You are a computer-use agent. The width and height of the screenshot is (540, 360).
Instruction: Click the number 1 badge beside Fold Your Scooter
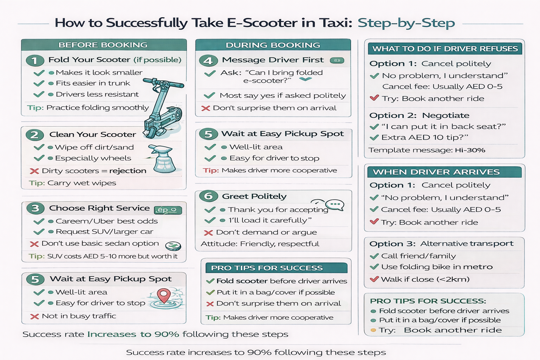click(x=35, y=60)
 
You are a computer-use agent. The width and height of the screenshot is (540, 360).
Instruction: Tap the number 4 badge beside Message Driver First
click(x=208, y=60)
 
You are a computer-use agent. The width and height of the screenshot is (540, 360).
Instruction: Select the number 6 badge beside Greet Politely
click(x=208, y=196)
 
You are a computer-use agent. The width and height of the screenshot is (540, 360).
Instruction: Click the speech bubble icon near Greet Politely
click(x=334, y=205)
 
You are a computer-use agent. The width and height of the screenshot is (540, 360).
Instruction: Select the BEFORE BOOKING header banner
click(x=103, y=45)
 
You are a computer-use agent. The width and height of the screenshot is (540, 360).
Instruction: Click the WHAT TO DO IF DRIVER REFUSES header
click(x=445, y=49)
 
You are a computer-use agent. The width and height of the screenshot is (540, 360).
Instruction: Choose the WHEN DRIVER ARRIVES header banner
click(x=436, y=172)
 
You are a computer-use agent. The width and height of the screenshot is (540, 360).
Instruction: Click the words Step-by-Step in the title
click(x=406, y=23)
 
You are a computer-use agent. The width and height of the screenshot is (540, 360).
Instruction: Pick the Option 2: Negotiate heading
click(x=419, y=115)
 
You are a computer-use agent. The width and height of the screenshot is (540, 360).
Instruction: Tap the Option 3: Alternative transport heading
click(x=441, y=244)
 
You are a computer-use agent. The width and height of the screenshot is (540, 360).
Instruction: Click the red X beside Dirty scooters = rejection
click(x=34, y=171)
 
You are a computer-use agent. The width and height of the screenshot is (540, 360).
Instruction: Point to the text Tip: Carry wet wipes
click(x=72, y=183)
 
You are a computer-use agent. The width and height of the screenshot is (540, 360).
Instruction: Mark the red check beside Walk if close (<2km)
click(x=374, y=279)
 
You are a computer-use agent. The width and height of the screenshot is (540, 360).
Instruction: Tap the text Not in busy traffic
click(x=79, y=316)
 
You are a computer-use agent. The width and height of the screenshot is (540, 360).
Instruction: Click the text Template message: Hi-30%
click(x=427, y=150)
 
